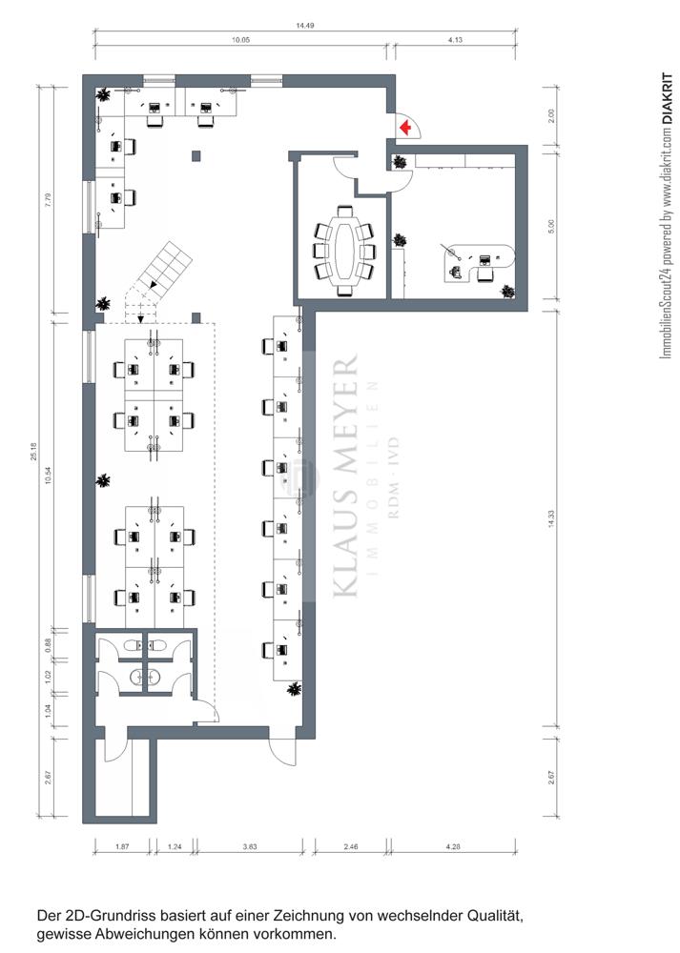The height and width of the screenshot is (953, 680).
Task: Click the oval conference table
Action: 344,251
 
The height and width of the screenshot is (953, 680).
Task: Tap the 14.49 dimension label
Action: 305,26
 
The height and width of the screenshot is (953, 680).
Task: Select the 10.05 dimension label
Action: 240,39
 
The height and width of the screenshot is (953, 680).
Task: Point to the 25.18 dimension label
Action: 33,451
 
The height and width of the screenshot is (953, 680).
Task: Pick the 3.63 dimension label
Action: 249,846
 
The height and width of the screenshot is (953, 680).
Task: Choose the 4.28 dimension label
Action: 453,846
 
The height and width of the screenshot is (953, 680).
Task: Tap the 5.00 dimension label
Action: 551,226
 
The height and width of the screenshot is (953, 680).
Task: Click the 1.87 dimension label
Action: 122,846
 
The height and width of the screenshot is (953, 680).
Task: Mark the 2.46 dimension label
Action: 351,846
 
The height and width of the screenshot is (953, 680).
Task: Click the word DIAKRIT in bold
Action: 668,99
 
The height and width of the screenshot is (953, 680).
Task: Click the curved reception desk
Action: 481,259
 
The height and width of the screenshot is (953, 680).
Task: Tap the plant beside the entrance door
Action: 400,162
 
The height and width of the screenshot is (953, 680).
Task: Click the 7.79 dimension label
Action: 48,200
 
